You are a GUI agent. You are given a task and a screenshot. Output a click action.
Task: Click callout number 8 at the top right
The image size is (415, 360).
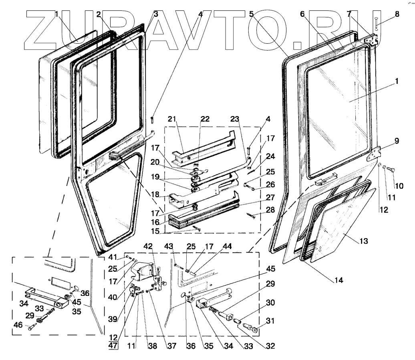pos(397,13)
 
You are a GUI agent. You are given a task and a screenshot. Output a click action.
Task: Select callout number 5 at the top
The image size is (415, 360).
pos(251,13)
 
